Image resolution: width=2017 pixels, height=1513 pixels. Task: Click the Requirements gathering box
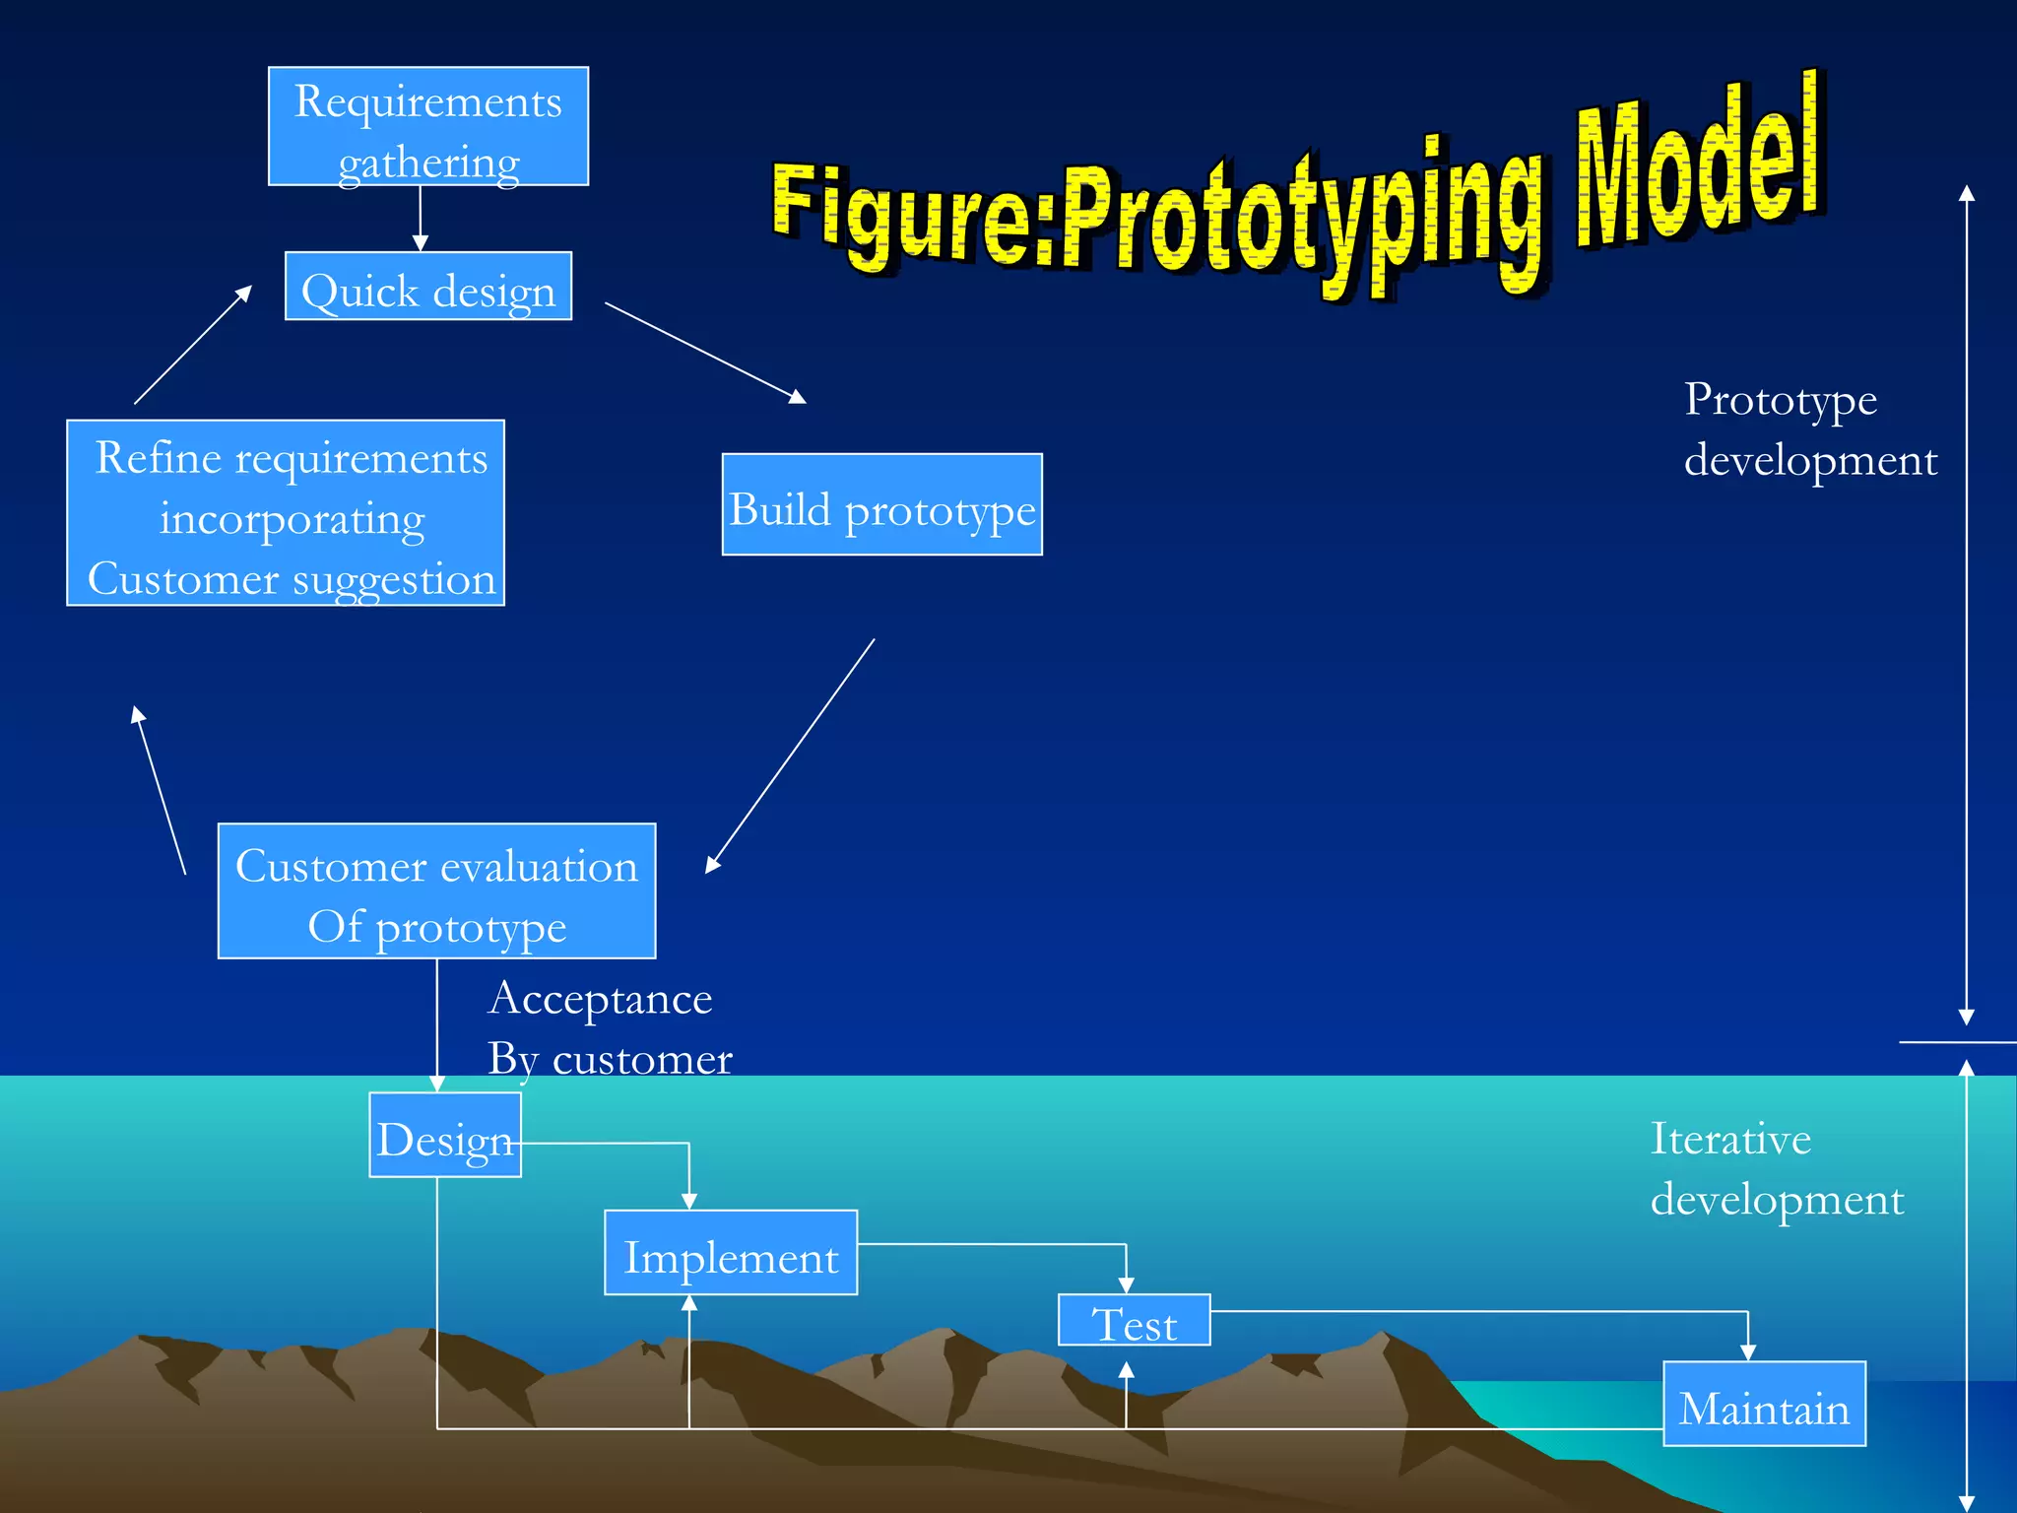[x=428, y=127]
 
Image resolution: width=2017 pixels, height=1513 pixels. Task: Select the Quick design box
[x=428, y=287]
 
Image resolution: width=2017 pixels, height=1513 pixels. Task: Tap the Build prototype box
[x=881, y=505]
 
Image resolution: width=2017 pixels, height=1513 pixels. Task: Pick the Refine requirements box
[x=286, y=513]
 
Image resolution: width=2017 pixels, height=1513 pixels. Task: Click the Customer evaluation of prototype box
[x=436, y=891]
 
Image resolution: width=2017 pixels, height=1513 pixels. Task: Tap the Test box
[x=1135, y=1321]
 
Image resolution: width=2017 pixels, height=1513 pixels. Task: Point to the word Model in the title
[x=1699, y=163]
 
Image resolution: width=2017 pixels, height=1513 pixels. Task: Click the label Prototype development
[x=1808, y=429]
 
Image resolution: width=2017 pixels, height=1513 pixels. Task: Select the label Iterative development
[x=1776, y=1169]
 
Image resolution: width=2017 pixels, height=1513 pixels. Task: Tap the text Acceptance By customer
[x=609, y=1028]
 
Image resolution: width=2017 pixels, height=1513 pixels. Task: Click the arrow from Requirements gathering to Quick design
[x=421, y=219]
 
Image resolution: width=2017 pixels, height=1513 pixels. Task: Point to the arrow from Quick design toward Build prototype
[x=705, y=353]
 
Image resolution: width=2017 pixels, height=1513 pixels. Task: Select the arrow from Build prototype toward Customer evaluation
[x=790, y=756]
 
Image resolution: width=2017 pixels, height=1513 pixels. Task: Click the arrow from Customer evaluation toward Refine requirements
[x=160, y=790]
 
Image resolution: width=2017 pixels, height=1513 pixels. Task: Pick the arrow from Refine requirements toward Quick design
[x=193, y=345]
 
